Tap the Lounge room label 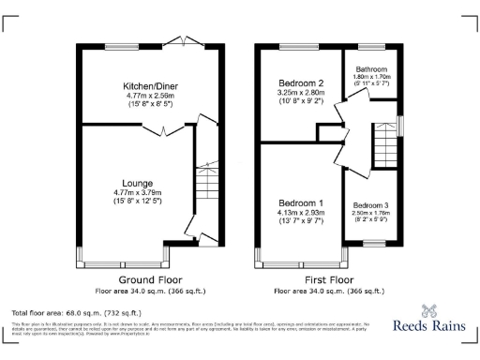pos(138,183)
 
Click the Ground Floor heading pos(150,280)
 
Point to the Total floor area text pos(76,312)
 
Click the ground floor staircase pos(205,187)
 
